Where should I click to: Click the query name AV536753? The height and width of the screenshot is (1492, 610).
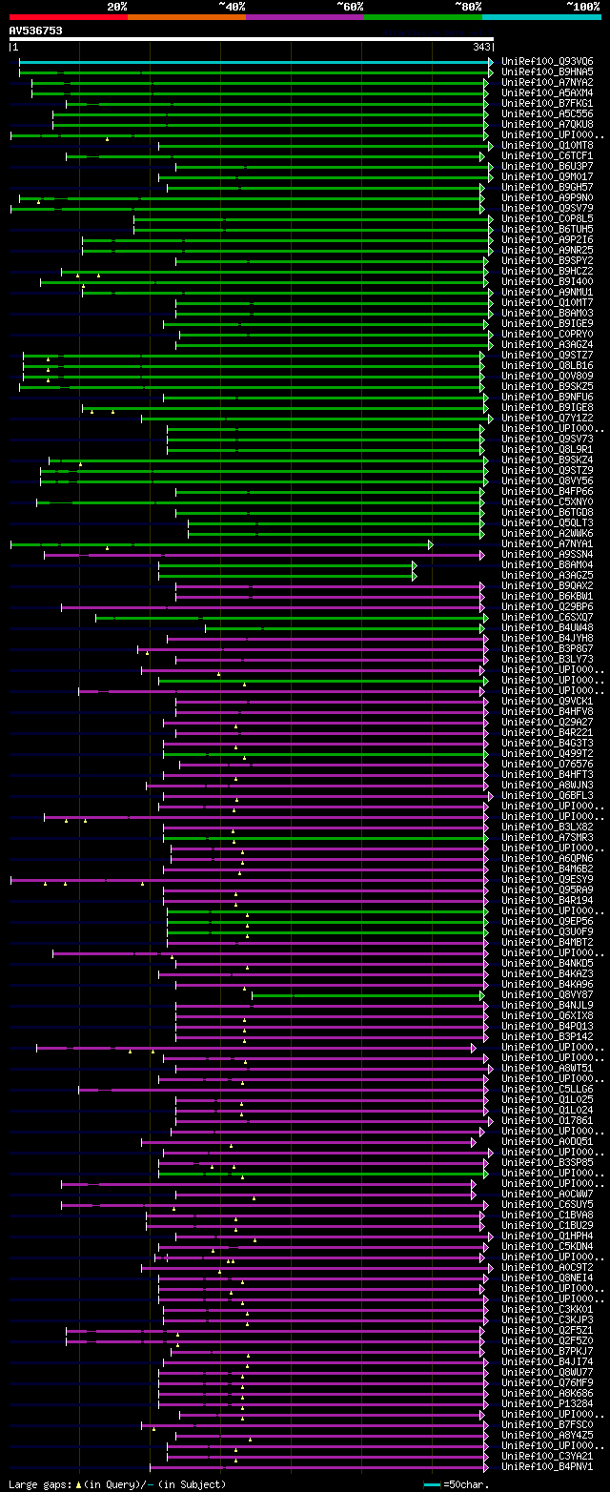(35, 31)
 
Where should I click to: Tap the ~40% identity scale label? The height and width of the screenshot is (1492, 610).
(232, 7)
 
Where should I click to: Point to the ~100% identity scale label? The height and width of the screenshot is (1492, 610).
(582, 7)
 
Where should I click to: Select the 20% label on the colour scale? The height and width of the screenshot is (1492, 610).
(117, 7)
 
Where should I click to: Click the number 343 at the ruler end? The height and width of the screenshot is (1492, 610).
(480, 47)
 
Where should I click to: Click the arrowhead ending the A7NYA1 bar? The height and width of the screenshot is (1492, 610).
(431, 544)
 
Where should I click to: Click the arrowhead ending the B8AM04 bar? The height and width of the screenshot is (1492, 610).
(415, 565)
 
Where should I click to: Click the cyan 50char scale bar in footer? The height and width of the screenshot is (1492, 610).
(432, 1484)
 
